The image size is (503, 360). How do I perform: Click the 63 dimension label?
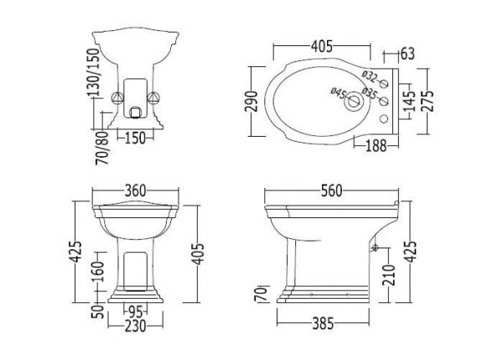pos(407,54)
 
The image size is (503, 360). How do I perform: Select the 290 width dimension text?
pos(251,102)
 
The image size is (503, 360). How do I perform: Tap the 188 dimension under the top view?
pos(376,146)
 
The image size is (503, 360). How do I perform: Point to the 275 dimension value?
pos(428,101)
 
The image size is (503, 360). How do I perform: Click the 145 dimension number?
pos(410,101)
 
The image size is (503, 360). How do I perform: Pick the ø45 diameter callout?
pos(339,93)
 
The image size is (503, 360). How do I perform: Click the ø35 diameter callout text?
pos(370,93)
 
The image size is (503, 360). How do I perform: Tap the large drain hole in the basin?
pos(353,102)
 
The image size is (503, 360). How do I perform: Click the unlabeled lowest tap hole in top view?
pos(384,119)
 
